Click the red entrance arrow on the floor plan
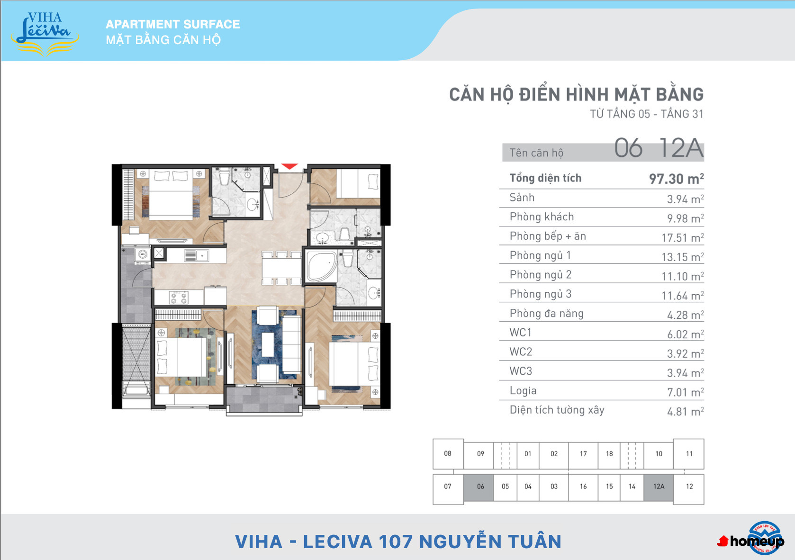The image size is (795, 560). pos(289,166)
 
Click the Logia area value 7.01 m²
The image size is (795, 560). pos(686,392)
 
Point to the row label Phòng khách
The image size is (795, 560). pos(542,217)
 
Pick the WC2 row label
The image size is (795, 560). pos(521,352)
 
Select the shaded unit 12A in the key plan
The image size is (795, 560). pos(659,486)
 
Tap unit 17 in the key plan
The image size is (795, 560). pos(583,453)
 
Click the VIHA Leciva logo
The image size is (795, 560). pos(45,34)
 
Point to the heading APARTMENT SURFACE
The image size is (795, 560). pos(173,24)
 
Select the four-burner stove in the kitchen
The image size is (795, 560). pos(179,298)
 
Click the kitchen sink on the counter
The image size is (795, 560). pos(196,255)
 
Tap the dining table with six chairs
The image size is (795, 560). pos(281,268)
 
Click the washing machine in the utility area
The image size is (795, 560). pos(143,255)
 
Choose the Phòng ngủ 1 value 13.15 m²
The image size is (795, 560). pos(683,257)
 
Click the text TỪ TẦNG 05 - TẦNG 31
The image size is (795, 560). pos(646,114)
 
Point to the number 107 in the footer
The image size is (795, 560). pos(396,542)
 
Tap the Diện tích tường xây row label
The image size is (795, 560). pos(557,410)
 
